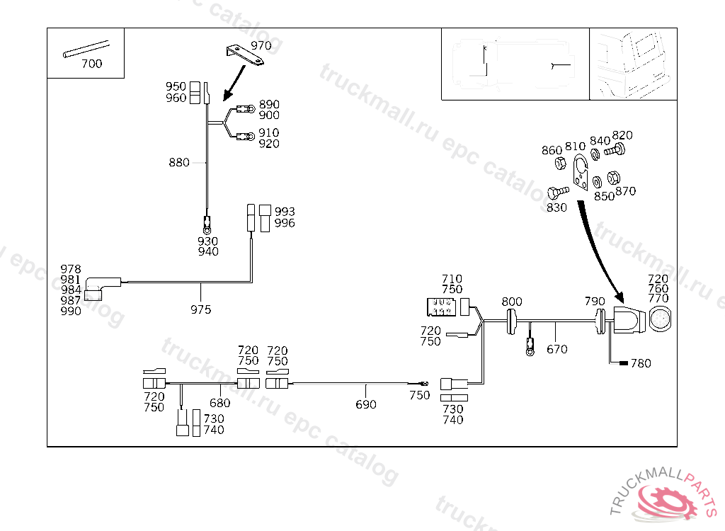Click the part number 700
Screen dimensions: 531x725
(x=91, y=64)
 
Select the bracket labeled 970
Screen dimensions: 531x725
(x=245, y=55)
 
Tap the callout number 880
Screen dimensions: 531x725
(x=178, y=162)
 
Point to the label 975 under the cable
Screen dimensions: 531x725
(x=200, y=309)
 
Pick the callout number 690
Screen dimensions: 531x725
(x=366, y=404)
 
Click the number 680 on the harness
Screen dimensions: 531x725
(x=220, y=403)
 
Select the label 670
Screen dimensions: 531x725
(x=556, y=349)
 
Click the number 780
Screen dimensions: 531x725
(x=641, y=364)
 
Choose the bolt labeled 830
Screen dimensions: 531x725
(x=557, y=191)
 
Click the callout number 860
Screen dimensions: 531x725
(x=552, y=150)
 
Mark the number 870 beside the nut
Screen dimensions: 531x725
(x=626, y=191)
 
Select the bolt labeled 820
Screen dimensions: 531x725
(x=617, y=149)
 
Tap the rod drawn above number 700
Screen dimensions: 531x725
(x=88, y=48)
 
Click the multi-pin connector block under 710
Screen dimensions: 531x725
(x=442, y=307)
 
